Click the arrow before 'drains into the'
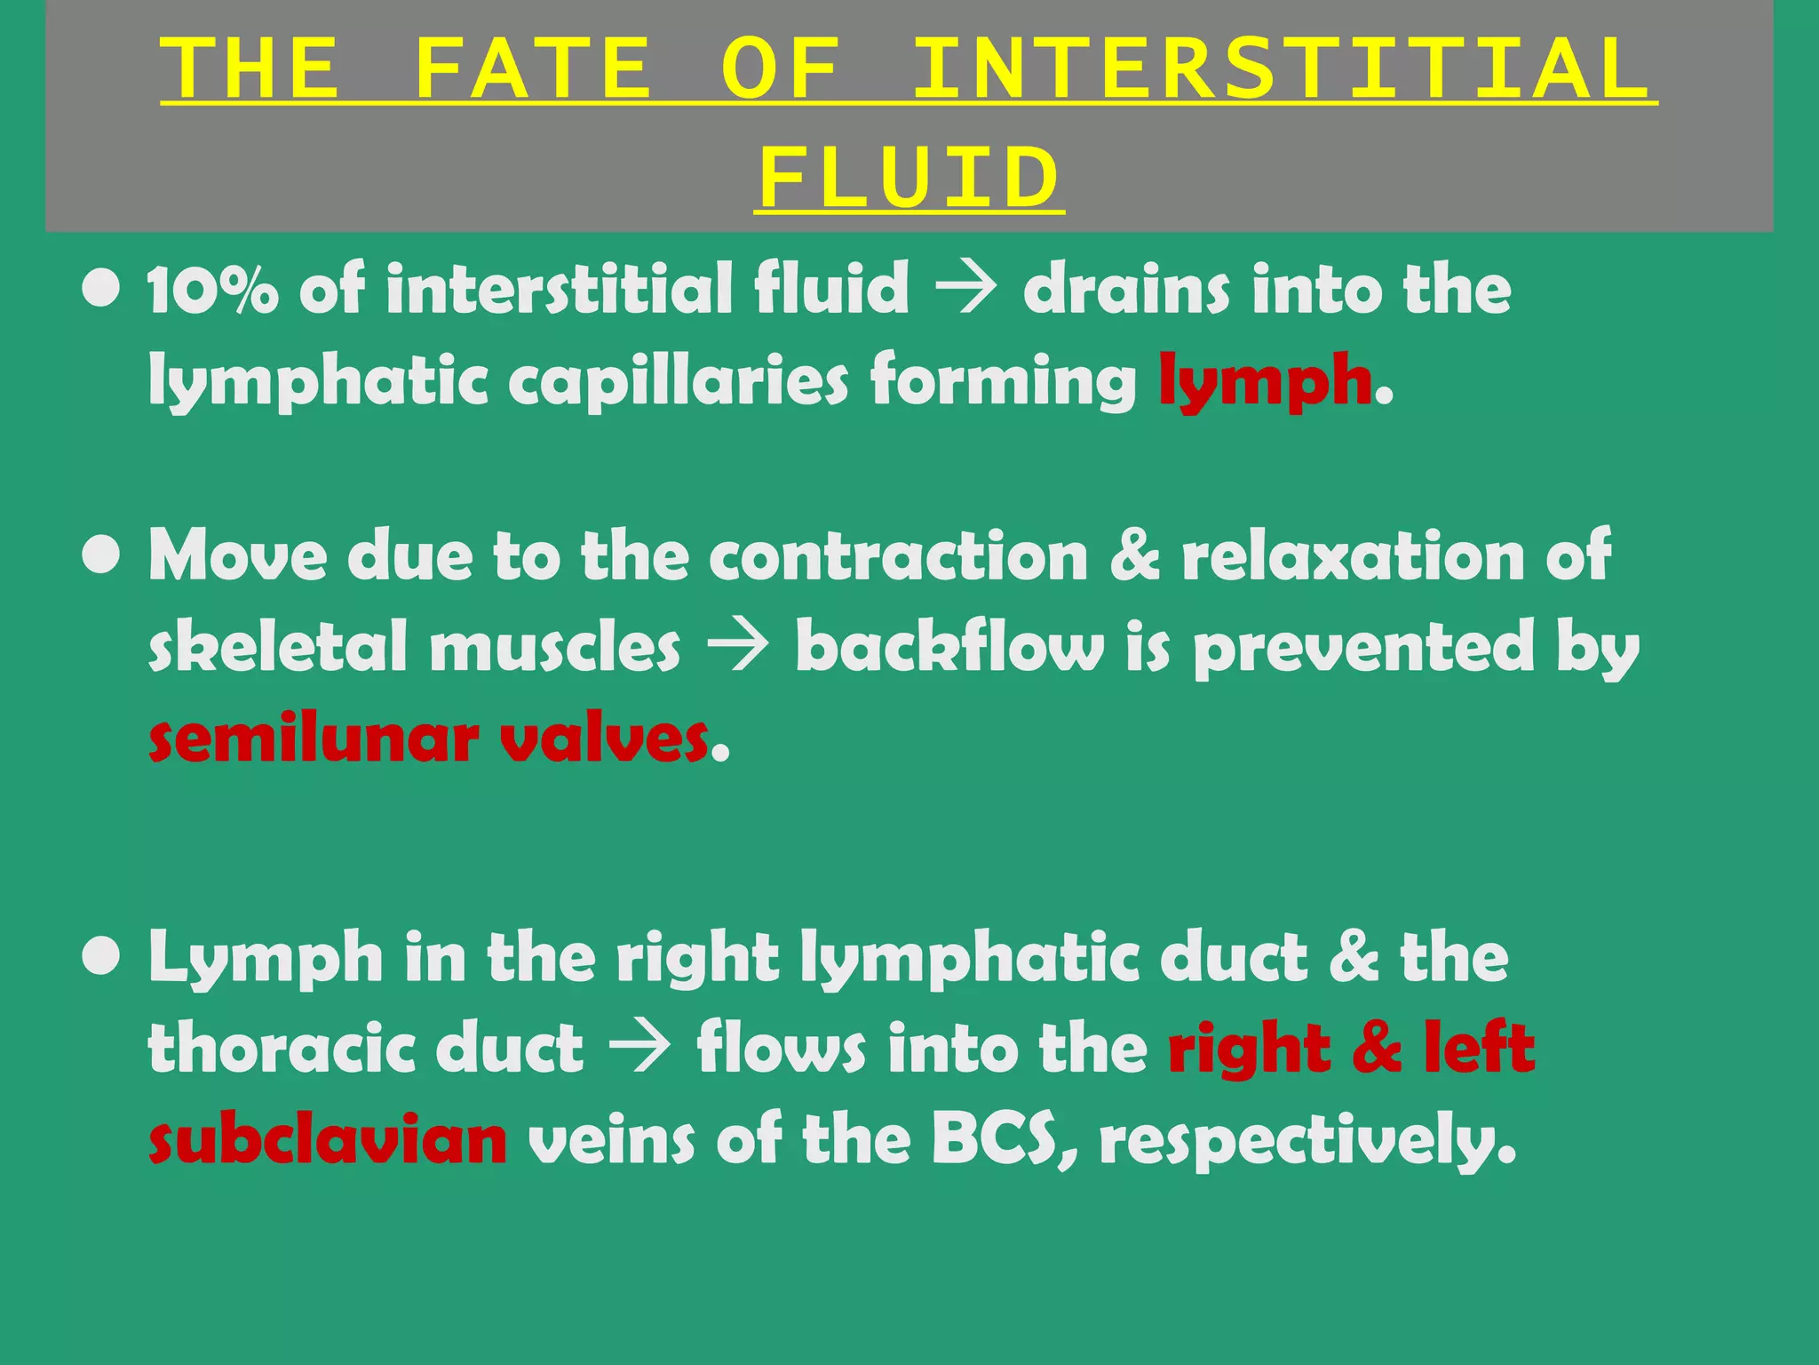(x=966, y=291)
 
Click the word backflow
(x=949, y=647)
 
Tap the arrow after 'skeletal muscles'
(x=737, y=648)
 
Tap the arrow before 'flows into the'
(x=639, y=1050)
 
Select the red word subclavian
(x=328, y=1140)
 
